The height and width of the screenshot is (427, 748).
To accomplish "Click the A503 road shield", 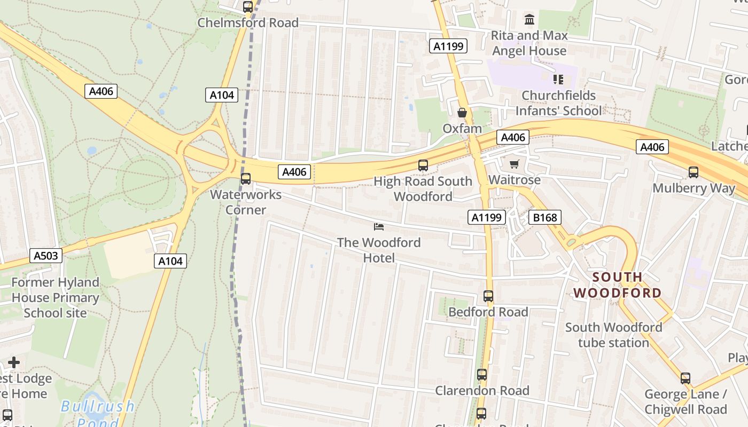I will (45, 256).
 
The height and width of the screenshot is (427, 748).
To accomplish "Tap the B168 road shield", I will (545, 217).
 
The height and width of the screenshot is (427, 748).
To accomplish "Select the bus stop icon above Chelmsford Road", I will (248, 7).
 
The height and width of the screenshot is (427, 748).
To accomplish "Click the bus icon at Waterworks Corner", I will (246, 179).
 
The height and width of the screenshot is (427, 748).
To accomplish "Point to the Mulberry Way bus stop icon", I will (694, 172).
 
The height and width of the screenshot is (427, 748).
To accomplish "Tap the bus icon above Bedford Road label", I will (488, 296).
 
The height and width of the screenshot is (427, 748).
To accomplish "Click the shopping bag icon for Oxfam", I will (462, 113).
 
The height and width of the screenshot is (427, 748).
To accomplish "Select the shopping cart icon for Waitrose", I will (515, 164).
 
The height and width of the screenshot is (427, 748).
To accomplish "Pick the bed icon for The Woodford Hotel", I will (379, 227).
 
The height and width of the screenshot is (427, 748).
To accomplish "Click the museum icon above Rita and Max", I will (529, 20).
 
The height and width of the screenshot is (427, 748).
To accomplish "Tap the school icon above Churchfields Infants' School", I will (558, 80).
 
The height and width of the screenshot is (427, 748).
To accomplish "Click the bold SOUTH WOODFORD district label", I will (618, 285).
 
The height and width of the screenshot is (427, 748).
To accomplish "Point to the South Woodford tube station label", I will (613, 335).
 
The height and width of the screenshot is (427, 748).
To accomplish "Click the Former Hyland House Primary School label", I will (56, 297).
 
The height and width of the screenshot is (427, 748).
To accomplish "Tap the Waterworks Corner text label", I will (246, 202).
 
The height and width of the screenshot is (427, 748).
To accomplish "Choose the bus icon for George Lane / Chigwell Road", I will (685, 378).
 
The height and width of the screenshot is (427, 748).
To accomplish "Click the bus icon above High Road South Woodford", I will (423, 165).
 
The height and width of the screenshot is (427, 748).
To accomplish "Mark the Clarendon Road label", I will (482, 391).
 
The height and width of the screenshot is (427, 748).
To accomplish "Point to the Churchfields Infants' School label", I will (558, 103).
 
